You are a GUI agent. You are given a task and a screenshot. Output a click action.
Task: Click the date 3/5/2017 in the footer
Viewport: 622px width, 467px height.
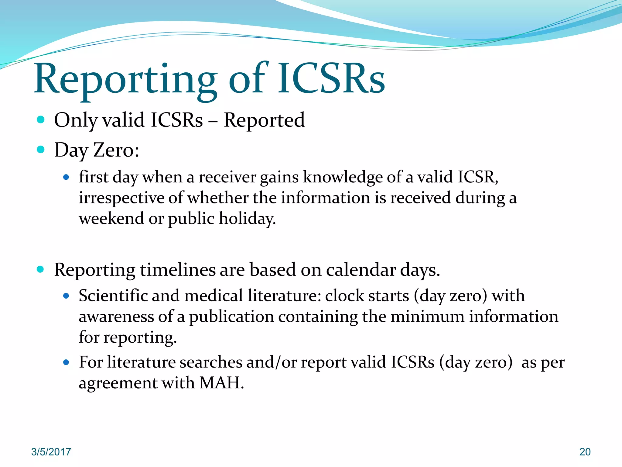tap(51, 452)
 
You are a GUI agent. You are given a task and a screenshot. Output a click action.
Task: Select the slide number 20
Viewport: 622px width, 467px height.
tap(585, 452)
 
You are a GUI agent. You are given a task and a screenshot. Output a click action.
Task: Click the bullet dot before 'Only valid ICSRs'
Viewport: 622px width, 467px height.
tap(40, 119)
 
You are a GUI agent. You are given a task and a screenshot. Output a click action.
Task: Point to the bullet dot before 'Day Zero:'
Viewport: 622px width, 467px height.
tap(40, 150)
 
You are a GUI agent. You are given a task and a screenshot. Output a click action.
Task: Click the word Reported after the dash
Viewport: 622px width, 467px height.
tap(264, 120)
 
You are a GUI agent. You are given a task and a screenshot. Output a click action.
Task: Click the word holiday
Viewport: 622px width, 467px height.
tap(247, 219)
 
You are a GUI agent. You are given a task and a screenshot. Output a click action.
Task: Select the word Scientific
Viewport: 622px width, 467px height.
tap(113, 296)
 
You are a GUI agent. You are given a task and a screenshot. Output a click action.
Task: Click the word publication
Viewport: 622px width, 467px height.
tap(231, 317)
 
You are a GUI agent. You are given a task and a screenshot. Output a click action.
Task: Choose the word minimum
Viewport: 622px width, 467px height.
tap(427, 317)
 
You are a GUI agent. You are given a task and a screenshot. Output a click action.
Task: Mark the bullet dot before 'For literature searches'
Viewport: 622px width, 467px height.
tap(66, 362)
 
